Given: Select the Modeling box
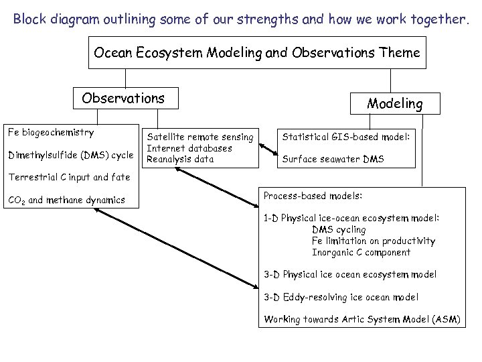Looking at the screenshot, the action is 394,103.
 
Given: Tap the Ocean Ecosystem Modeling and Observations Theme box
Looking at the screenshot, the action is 257,52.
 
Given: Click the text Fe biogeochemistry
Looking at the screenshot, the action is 50,132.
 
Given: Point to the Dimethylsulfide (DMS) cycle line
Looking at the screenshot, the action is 70,156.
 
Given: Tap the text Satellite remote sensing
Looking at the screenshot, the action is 200,137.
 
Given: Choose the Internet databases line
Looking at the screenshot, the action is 189,147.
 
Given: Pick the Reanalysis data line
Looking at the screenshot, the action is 180,159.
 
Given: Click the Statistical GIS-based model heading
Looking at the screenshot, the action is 345,137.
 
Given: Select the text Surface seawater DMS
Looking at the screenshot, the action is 333,159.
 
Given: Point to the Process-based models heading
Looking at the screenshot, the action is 313,196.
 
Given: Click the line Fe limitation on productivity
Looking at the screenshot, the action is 373,241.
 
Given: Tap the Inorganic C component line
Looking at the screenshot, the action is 361,252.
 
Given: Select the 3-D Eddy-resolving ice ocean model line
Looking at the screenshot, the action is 341,297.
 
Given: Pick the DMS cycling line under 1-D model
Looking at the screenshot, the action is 339,229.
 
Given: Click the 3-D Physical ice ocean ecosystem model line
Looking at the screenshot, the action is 350,274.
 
